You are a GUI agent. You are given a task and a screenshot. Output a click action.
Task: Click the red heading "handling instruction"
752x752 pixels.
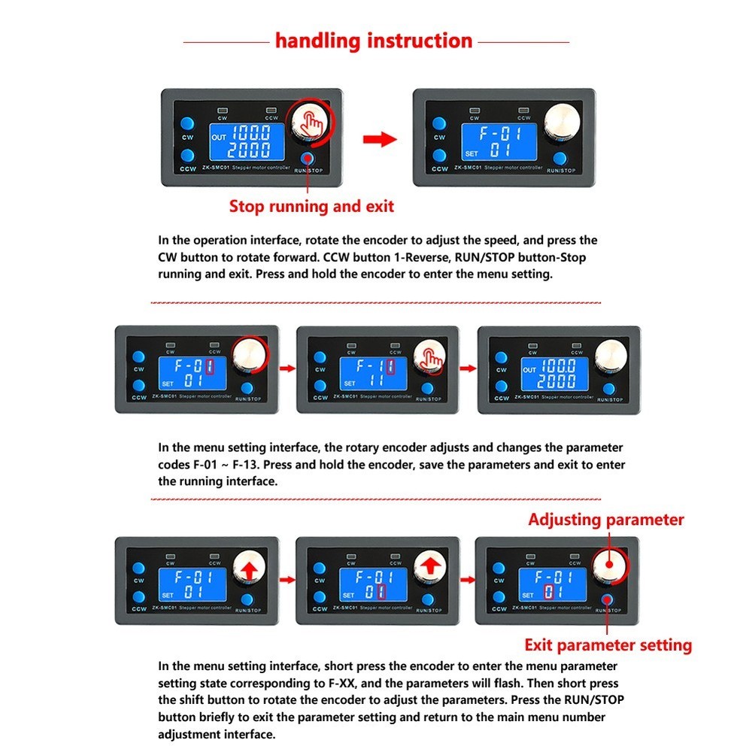[x=374, y=41]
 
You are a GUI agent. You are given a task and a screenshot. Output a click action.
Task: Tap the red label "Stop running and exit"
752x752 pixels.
[x=311, y=206]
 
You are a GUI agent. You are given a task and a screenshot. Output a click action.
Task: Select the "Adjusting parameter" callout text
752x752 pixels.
[x=606, y=520]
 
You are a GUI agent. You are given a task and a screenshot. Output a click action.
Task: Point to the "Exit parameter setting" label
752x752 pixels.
[x=608, y=644]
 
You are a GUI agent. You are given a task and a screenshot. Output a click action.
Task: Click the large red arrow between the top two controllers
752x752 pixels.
[x=379, y=139]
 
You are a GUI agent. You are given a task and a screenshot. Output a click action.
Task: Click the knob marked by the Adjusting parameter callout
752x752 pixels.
[x=609, y=566]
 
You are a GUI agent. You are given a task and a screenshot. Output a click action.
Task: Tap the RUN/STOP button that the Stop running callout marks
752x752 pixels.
[x=308, y=158]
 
